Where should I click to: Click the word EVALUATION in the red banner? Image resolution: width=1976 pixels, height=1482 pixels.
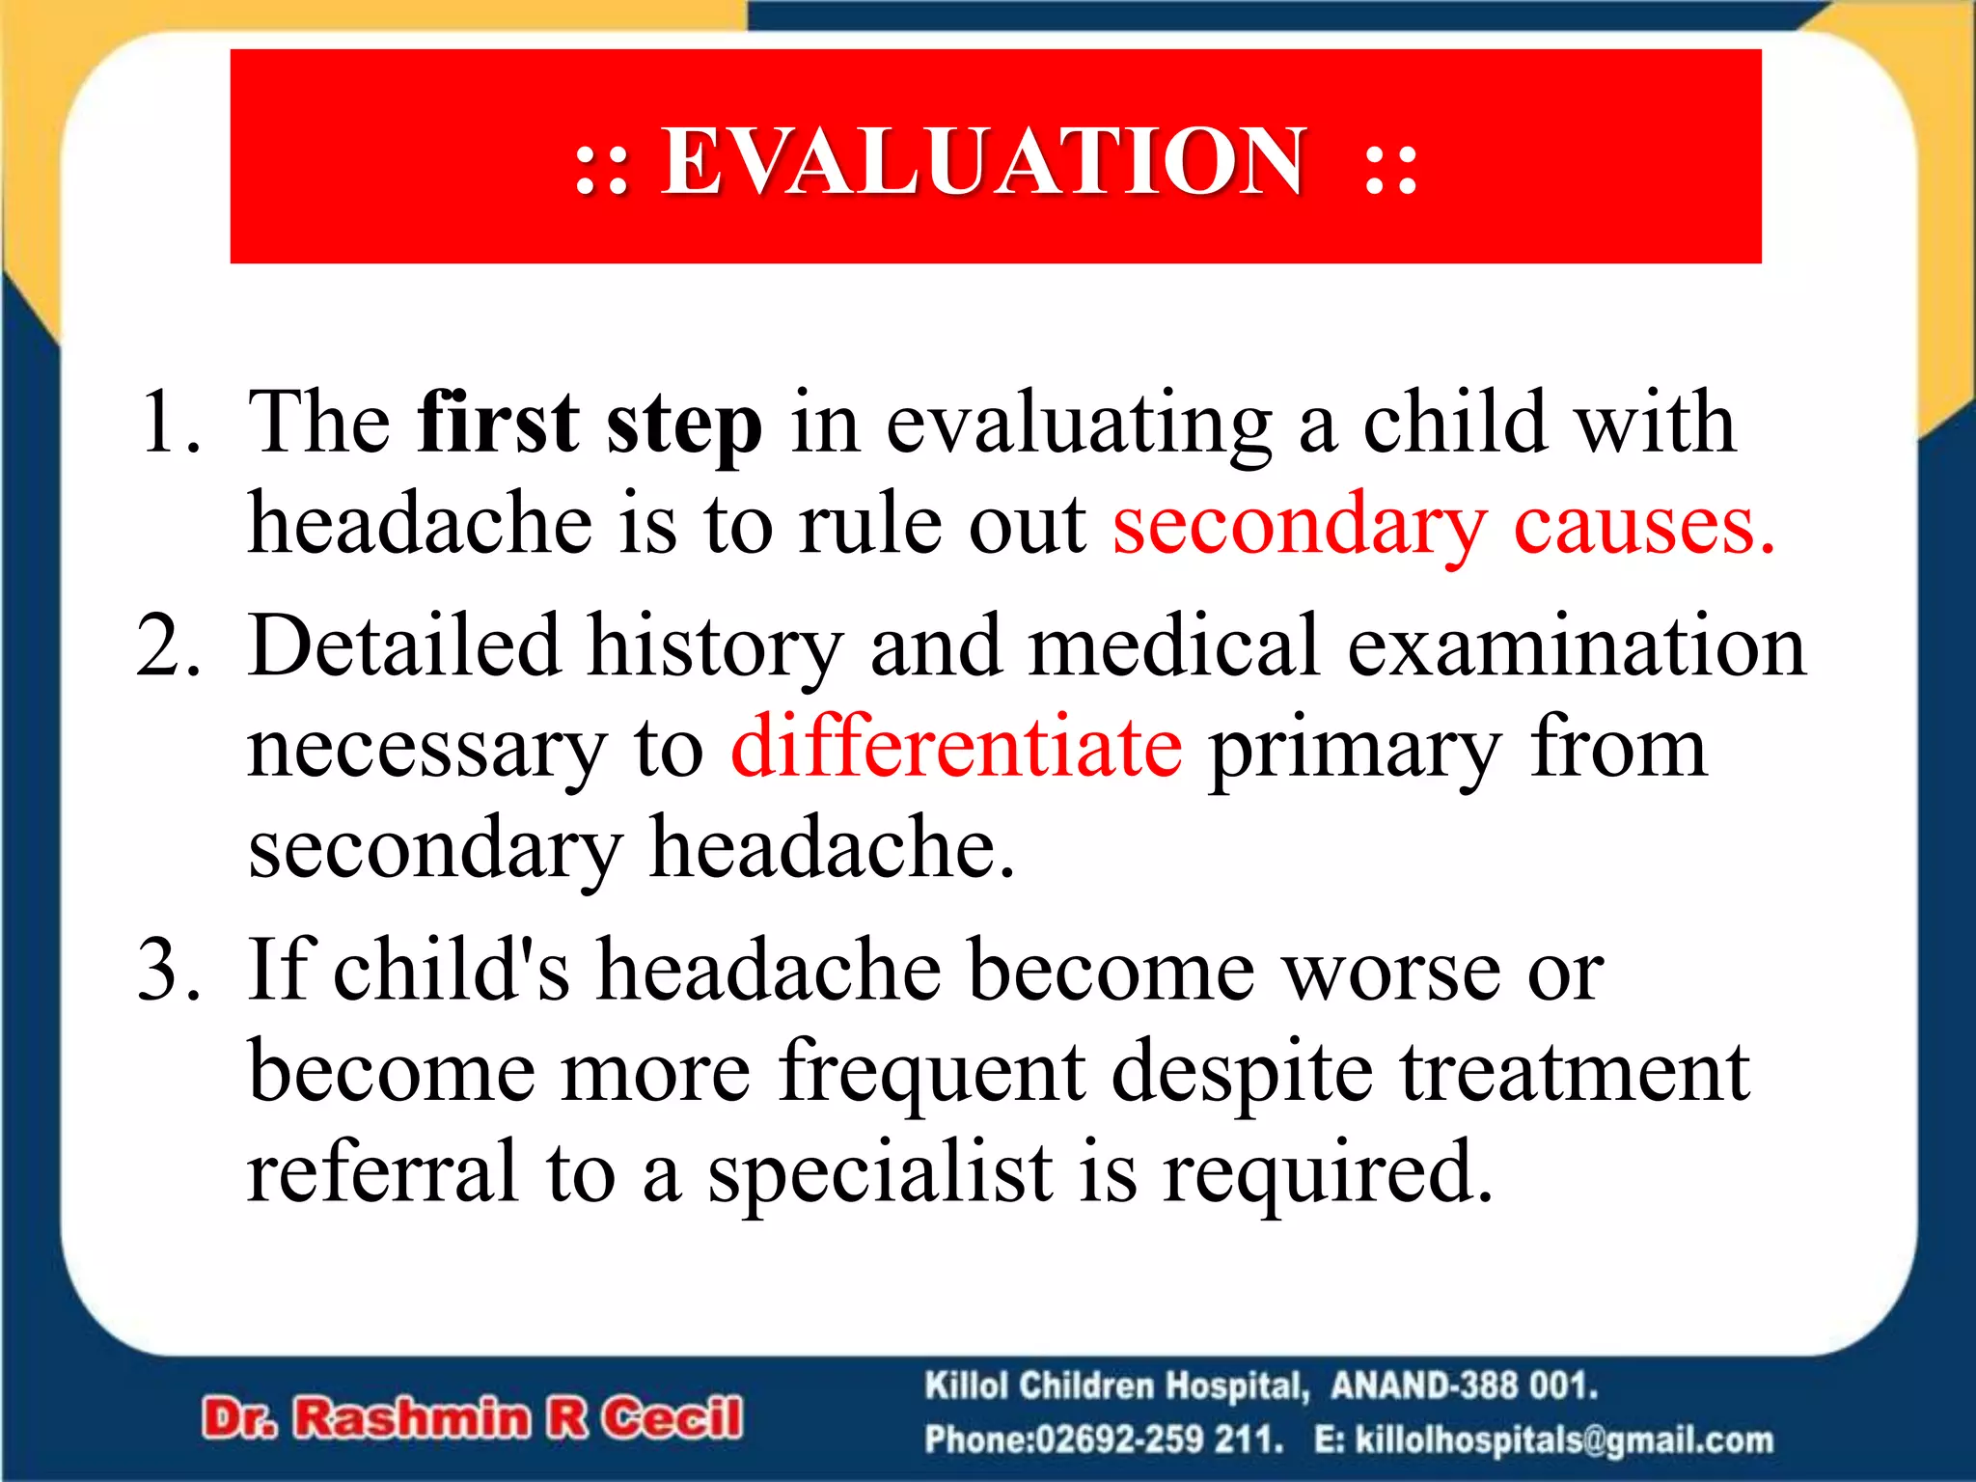point(982,161)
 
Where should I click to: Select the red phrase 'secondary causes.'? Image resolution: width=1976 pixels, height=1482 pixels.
point(1443,525)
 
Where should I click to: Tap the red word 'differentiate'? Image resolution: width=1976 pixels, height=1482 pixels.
point(956,747)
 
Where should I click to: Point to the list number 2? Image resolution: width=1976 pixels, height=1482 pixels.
point(169,645)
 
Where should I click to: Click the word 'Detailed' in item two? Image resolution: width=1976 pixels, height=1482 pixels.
point(403,645)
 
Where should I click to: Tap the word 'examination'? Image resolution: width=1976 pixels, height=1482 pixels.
point(1576,645)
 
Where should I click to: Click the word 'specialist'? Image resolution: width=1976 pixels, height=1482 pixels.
point(879,1173)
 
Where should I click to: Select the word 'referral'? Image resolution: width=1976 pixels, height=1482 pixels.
point(382,1171)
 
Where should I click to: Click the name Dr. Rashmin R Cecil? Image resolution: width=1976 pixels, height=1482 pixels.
point(473,1418)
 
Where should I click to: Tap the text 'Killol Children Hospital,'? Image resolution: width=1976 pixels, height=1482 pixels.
point(1116,1386)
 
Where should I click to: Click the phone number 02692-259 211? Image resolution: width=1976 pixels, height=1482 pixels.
point(1159,1440)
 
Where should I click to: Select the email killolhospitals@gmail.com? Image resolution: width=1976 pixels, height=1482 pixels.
point(1563,1440)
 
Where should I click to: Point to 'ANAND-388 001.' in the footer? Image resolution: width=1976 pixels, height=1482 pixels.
point(1464,1386)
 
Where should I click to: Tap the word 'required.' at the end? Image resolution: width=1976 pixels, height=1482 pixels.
point(1328,1173)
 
